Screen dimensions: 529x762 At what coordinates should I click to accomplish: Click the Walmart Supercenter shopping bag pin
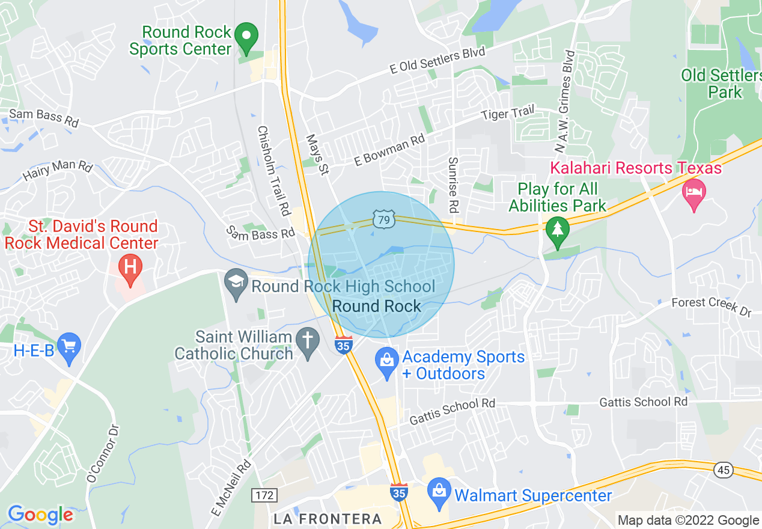click(440, 492)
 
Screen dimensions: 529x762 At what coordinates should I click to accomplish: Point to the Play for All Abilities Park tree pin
click(557, 231)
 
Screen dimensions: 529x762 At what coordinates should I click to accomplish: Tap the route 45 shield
click(724, 469)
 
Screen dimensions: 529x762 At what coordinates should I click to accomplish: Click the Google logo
click(40, 515)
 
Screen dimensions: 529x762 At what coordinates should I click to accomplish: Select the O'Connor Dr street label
click(103, 453)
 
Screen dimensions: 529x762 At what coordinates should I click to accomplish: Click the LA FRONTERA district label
click(328, 519)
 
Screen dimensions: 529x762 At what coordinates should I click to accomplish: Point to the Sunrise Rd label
click(453, 185)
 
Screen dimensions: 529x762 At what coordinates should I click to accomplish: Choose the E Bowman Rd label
click(389, 150)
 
